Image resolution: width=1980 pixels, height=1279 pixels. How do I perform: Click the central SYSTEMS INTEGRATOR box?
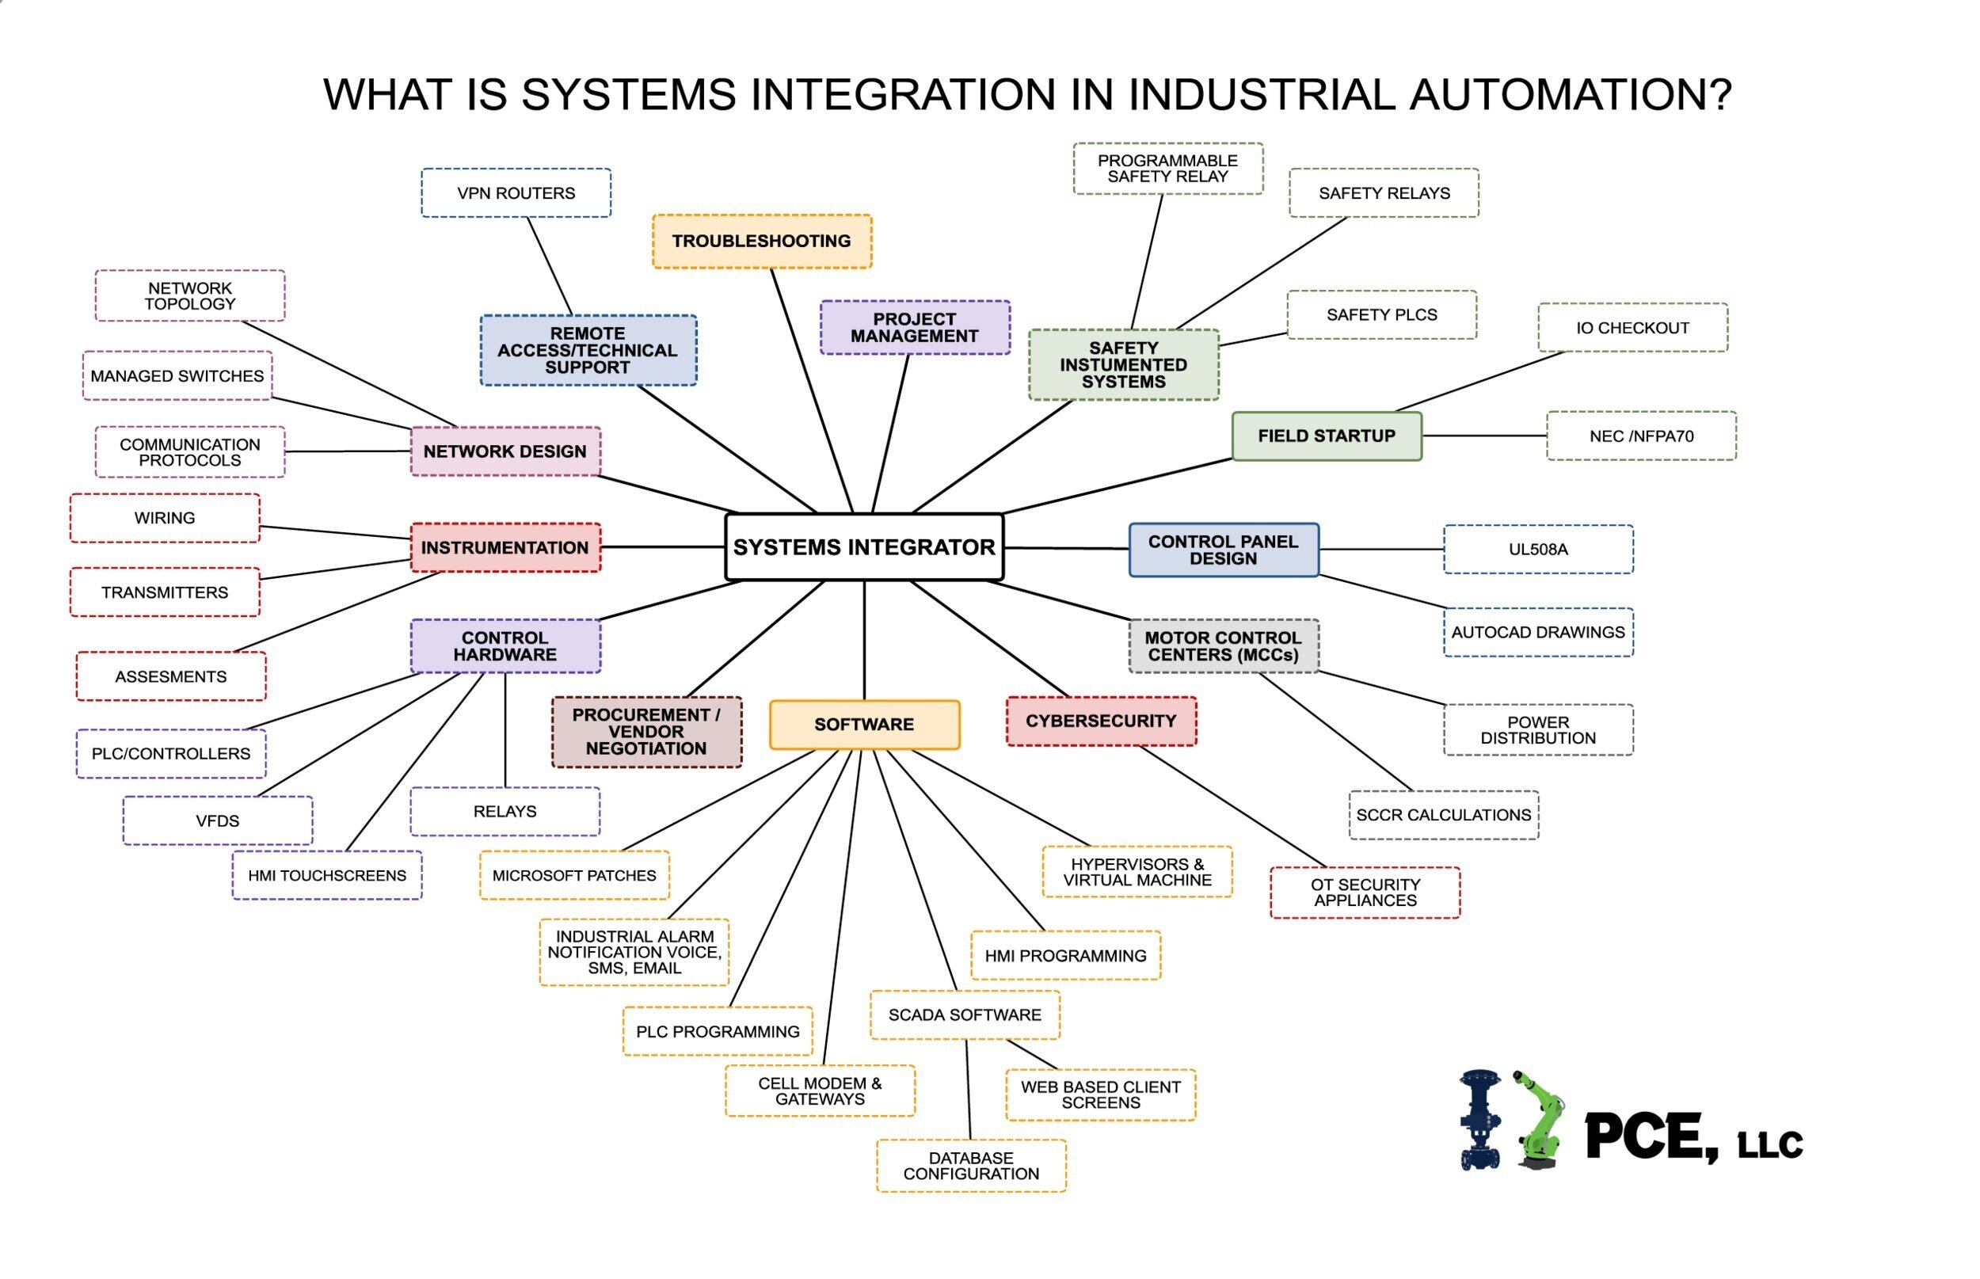point(864,546)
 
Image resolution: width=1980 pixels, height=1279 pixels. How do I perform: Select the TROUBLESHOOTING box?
point(762,241)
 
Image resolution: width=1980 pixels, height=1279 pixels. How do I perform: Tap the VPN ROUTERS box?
point(516,192)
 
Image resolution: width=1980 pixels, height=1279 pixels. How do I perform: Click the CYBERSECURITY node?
point(1100,721)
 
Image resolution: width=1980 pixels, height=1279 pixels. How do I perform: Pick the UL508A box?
point(1537,549)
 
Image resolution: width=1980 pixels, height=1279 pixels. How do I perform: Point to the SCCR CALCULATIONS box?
point(1443,815)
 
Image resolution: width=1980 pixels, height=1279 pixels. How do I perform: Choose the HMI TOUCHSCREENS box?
point(326,875)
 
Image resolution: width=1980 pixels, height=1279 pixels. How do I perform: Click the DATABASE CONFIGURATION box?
point(971,1166)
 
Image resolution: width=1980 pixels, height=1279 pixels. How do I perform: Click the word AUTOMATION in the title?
point(1570,94)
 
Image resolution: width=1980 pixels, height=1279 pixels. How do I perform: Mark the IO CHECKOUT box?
point(1632,328)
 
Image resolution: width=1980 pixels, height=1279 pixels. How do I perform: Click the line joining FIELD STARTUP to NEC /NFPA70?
point(1483,436)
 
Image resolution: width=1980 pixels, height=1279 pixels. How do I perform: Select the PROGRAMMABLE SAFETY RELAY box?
point(1167,169)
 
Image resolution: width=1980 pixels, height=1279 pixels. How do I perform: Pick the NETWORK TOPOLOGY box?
point(189,295)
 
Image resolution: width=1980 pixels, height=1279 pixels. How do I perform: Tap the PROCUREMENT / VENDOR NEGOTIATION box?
point(646,732)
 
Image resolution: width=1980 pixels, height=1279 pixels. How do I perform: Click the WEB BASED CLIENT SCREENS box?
point(1100,1094)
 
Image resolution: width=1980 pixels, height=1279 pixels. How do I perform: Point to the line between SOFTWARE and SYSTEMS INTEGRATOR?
point(864,640)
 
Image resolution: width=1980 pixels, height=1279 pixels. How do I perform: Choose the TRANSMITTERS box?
point(165,592)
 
